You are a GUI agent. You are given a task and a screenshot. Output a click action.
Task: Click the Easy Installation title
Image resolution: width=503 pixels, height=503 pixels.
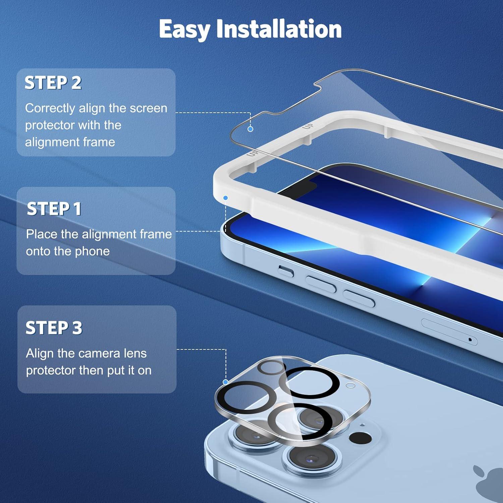(x=250, y=29)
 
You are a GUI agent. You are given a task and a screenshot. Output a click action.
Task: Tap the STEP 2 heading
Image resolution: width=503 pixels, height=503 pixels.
(x=53, y=83)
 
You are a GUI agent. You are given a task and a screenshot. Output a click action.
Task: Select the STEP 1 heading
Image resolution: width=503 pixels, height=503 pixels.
(x=54, y=209)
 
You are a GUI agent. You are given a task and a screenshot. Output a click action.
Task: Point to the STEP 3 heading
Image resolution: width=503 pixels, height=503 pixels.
(x=54, y=328)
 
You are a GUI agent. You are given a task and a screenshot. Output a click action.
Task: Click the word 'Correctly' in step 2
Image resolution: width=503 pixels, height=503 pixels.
(x=50, y=108)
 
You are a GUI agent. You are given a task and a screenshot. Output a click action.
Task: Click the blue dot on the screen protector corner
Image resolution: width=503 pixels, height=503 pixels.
(x=250, y=129)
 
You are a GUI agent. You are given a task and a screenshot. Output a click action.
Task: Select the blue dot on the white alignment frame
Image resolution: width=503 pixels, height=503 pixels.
(x=226, y=198)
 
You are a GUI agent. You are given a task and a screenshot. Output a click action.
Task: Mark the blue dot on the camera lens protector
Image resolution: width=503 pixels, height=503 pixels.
(x=225, y=382)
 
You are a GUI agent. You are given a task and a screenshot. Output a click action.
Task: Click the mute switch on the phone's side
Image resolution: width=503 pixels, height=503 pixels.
(x=286, y=271)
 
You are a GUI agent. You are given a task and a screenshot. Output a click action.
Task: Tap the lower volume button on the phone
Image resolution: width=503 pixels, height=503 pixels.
(x=359, y=298)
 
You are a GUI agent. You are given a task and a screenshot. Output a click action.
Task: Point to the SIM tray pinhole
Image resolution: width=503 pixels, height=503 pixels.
(x=470, y=340)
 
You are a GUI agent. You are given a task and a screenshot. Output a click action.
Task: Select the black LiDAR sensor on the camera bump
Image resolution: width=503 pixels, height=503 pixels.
(x=360, y=438)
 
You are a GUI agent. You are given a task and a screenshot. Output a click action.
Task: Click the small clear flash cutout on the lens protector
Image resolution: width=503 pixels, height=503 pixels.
(x=350, y=386)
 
